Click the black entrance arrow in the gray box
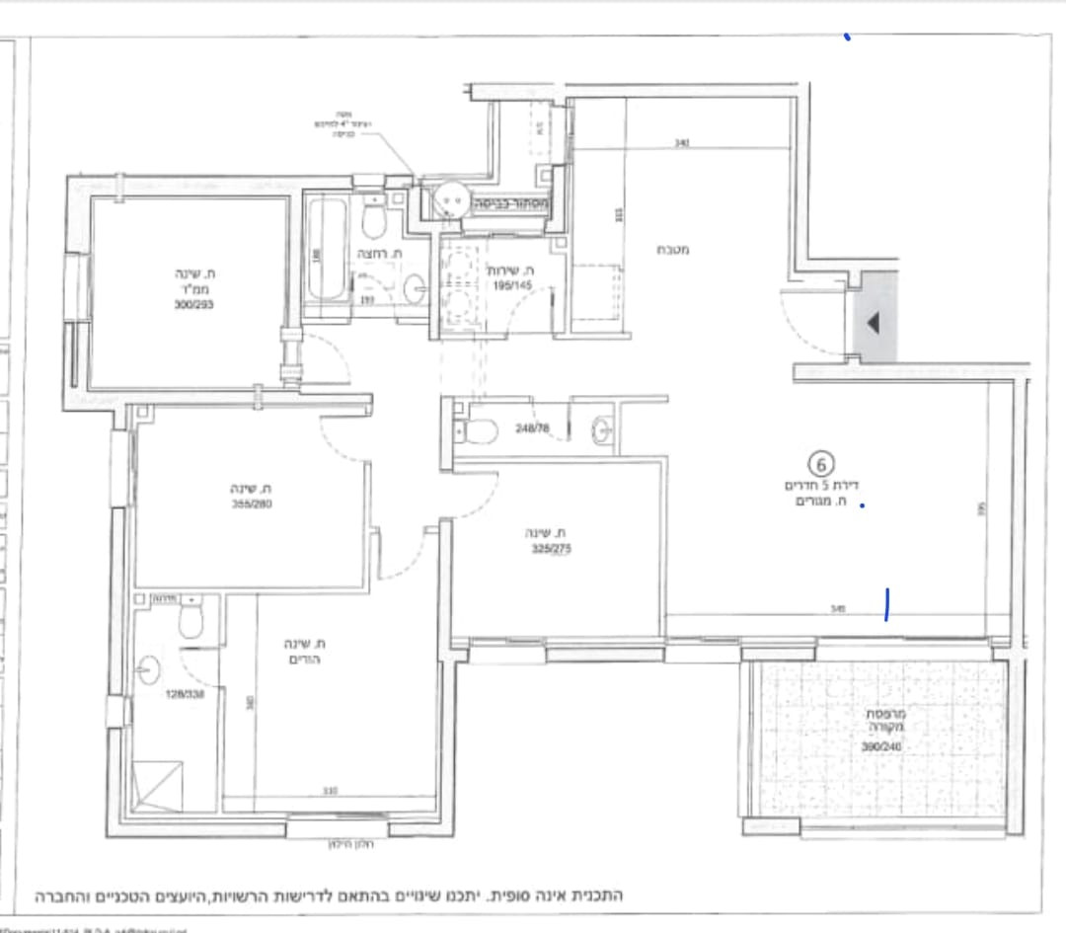pyautogui.click(x=874, y=323)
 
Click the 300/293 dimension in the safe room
pyautogui.click(x=191, y=305)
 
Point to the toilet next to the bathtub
pyautogui.click(x=374, y=220)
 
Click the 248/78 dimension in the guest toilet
pyautogui.click(x=531, y=428)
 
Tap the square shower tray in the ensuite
pyautogui.click(x=159, y=785)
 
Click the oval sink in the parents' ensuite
pyautogui.click(x=148, y=671)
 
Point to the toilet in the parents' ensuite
pyautogui.click(x=190, y=619)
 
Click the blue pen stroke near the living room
pyautogui.click(x=888, y=604)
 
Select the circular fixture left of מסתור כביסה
pyautogui.click(x=453, y=200)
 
